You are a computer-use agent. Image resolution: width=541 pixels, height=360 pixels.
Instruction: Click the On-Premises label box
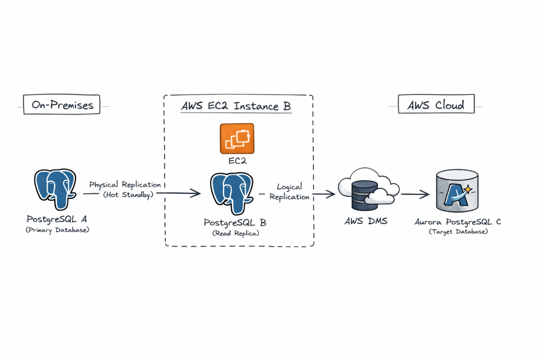[62, 105]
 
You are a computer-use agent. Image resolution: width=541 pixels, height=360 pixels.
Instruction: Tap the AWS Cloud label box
[436, 105]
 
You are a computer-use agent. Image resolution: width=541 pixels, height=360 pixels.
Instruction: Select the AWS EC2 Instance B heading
[236, 106]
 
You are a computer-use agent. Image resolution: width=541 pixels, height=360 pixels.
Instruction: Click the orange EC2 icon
[237, 138]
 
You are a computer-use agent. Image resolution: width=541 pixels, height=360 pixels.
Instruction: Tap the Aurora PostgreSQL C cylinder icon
[458, 191]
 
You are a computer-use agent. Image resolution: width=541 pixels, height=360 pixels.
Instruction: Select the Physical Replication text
[125, 185]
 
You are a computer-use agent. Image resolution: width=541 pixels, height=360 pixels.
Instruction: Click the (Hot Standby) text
[125, 194]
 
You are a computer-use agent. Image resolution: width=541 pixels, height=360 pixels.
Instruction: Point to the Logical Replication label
[289, 192]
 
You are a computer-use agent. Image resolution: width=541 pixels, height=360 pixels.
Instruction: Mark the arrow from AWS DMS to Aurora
[415, 194]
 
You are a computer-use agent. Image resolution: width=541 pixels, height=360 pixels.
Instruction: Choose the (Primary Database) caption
[58, 230]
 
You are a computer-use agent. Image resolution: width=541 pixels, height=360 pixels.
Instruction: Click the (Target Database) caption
[458, 232]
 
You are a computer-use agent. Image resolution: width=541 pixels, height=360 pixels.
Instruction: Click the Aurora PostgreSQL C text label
[458, 222]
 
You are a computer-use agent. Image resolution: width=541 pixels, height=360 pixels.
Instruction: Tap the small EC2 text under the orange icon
[237, 160]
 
